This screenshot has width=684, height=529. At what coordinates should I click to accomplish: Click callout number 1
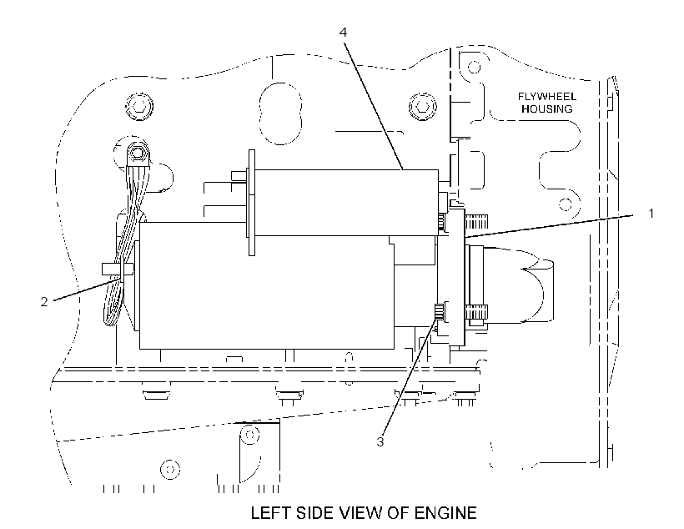click(x=651, y=214)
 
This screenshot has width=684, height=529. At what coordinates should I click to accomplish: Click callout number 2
click(x=44, y=301)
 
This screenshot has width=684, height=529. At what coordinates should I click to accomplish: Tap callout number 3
click(x=380, y=441)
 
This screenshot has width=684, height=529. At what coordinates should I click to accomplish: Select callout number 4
click(x=344, y=33)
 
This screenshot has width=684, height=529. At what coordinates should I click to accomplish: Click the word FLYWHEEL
click(x=547, y=97)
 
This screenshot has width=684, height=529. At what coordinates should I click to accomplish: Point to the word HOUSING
click(x=547, y=108)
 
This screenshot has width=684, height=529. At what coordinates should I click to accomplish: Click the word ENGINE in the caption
click(x=445, y=512)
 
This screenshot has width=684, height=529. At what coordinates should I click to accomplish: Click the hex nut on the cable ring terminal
click(x=138, y=153)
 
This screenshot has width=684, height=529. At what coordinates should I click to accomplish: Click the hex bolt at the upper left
click(x=139, y=106)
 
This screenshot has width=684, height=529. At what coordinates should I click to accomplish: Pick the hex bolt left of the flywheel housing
click(x=422, y=106)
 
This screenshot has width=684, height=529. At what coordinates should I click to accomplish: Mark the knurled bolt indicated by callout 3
click(x=440, y=313)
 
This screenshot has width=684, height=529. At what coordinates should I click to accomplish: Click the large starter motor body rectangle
click(x=267, y=286)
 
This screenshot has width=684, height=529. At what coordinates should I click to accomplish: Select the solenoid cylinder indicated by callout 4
click(x=346, y=203)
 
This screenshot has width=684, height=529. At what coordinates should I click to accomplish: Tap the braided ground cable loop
click(x=123, y=244)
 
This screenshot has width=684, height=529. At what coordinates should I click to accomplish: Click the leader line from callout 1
click(x=549, y=225)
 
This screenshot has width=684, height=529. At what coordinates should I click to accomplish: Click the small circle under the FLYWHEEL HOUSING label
click(x=566, y=204)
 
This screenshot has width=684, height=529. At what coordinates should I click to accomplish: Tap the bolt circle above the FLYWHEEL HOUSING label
click(x=474, y=68)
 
